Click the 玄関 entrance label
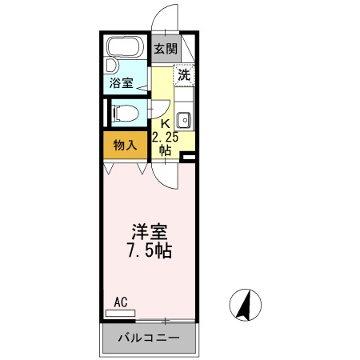[165, 49]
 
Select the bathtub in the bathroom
[126, 50]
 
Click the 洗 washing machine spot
[184, 76]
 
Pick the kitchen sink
[183, 122]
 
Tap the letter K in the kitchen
[165, 123]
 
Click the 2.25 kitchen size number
[165, 136]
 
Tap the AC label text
[121, 302]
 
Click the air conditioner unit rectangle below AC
[121, 313]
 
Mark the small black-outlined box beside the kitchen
[189, 157]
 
